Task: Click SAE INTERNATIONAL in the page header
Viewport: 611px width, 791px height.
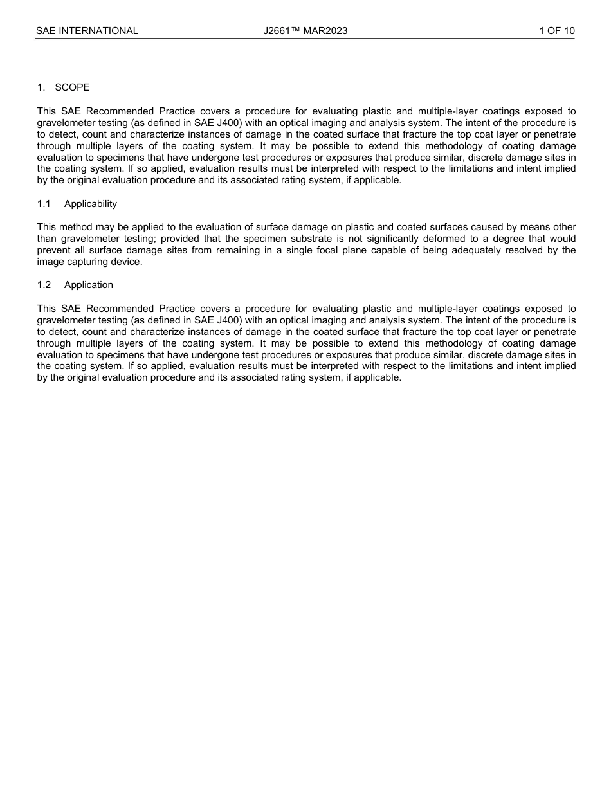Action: click(87, 30)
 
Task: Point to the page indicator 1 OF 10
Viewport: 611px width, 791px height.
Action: click(557, 30)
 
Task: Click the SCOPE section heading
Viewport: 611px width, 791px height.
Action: click(72, 87)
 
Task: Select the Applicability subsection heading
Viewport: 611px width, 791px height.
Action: click(91, 204)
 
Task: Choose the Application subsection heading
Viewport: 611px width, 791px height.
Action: click(89, 285)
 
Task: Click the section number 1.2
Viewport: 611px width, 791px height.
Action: click(44, 285)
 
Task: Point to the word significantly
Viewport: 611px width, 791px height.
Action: click(375, 239)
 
